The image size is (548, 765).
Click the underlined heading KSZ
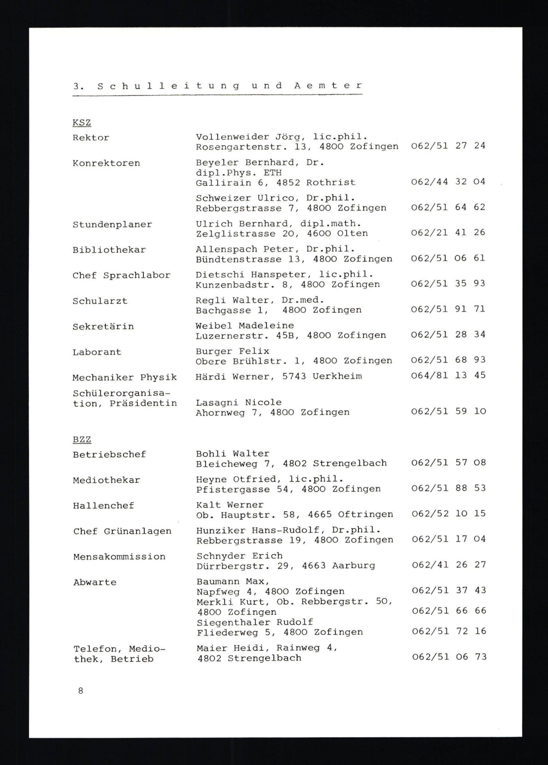click(x=82, y=122)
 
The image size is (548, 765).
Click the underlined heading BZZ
click(x=82, y=440)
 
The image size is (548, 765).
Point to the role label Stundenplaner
click(x=112, y=225)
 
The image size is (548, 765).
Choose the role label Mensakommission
click(x=119, y=556)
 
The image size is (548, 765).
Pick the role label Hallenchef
click(x=104, y=505)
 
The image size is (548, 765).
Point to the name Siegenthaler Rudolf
click(x=255, y=622)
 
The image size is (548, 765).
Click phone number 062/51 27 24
click(x=448, y=146)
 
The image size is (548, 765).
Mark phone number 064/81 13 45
click(x=448, y=375)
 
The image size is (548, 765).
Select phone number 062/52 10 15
click(x=449, y=513)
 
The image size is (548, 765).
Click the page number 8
click(x=81, y=691)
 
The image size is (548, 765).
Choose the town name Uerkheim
click(x=337, y=376)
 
